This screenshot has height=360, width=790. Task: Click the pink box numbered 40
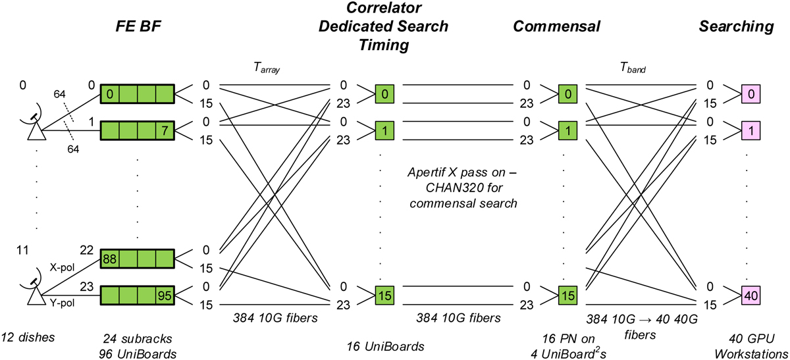tap(750, 296)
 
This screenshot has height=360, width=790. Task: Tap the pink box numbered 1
tap(750, 130)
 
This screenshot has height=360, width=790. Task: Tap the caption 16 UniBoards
tap(377, 344)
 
